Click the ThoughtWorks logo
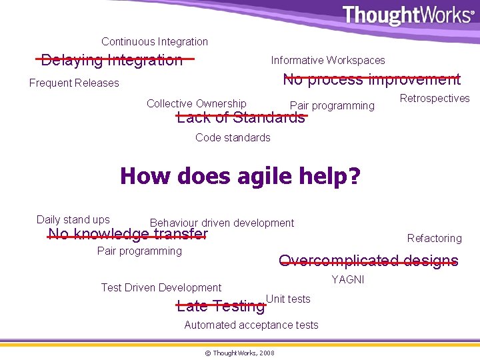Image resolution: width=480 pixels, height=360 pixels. click(x=408, y=15)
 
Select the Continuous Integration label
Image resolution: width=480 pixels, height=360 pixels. click(x=155, y=41)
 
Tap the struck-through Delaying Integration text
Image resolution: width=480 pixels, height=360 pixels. click(x=112, y=60)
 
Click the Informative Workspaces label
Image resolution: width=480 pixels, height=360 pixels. click(x=327, y=60)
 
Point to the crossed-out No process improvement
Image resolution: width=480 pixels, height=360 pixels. click(x=371, y=79)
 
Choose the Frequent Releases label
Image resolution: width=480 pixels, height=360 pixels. click(x=74, y=83)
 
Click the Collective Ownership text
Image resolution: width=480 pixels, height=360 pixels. click(x=196, y=103)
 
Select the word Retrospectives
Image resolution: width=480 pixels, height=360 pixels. click(x=434, y=98)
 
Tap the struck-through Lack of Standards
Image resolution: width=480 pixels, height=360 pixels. click(x=241, y=118)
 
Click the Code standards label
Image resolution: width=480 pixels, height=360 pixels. click(x=233, y=137)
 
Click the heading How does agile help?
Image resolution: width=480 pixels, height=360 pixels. click(x=240, y=177)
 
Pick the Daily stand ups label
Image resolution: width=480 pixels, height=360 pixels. click(x=73, y=219)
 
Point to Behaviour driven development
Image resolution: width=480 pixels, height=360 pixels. click(x=221, y=223)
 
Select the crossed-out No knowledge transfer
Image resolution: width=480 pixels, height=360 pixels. click(x=128, y=234)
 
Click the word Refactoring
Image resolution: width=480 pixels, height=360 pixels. click(x=434, y=238)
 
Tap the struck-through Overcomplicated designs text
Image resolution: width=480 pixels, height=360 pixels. click(x=368, y=261)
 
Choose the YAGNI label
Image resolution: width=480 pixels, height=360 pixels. click(x=348, y=279)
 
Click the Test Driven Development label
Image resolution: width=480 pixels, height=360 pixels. click(x=161, y=287)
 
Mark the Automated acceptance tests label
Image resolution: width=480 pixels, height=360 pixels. click(x=251, y=325)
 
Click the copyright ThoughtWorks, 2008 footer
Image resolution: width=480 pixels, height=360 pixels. click(x=239, y=351)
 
